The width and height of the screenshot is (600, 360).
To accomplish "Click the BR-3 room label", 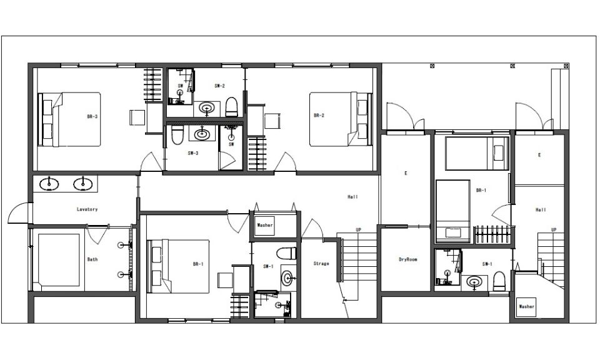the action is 92,117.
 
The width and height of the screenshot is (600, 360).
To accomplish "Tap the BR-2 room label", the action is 319,116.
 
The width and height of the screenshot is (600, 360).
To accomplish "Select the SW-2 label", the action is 219,86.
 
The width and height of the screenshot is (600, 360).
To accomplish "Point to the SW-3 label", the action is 193,153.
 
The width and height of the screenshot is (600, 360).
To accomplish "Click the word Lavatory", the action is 87,209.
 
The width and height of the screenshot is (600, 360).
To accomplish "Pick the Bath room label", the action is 92,259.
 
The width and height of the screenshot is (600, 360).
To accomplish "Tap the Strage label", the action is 321,264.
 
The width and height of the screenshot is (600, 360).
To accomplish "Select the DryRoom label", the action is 408,259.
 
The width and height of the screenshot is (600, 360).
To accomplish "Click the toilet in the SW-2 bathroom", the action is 232,107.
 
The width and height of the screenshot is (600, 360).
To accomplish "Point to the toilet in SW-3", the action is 177,135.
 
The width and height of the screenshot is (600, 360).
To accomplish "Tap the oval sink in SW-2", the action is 207,108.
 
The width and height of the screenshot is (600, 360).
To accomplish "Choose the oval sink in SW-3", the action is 202,134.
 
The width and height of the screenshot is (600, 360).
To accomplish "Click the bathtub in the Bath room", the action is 59,260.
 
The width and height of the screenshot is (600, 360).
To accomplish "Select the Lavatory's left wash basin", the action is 49,184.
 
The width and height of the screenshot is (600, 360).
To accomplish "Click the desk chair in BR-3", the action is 137,117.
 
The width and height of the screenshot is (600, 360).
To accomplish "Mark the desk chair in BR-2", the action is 272,121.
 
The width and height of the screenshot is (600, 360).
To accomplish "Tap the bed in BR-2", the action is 341,119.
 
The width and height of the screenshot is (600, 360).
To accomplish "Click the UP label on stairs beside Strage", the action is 358,230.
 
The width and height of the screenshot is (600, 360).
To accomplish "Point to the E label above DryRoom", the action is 406,173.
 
